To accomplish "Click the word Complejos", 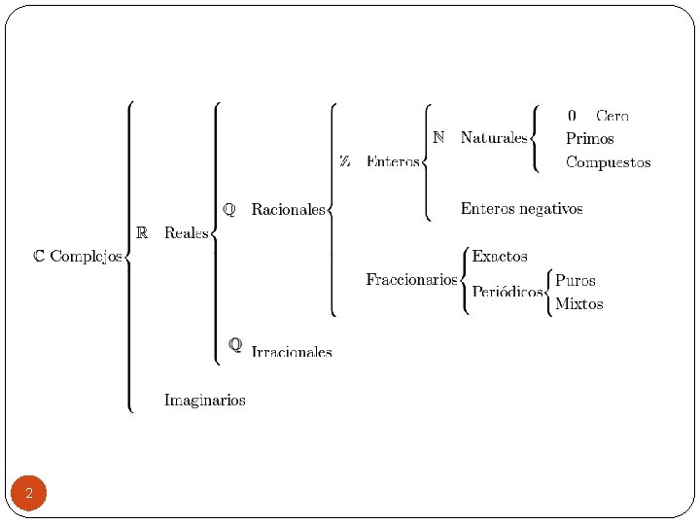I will click(87, 257).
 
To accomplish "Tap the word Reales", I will click(187, 232).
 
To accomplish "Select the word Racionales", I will click(288, 209).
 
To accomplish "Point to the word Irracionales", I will click(292, 352).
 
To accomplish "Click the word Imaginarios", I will click(204, 400).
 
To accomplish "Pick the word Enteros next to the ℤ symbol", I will click(393, 161).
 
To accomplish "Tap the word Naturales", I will click(494, 138).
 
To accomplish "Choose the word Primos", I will click(589, 138).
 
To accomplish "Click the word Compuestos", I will click(608, 162).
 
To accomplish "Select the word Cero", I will click(612, 115).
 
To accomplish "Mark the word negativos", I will click(548, 208).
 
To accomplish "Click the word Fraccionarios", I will click(411, 280).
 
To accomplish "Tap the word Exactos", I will click(500, 257).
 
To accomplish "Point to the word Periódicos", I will click(507, 292).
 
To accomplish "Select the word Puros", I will click(575, 280).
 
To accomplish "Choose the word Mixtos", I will click(578, 304).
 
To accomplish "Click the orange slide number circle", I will click(29, 494).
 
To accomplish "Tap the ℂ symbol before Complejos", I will click(39, 257).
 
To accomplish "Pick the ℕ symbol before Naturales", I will click(438, 138).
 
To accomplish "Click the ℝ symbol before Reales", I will click(142, 232).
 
